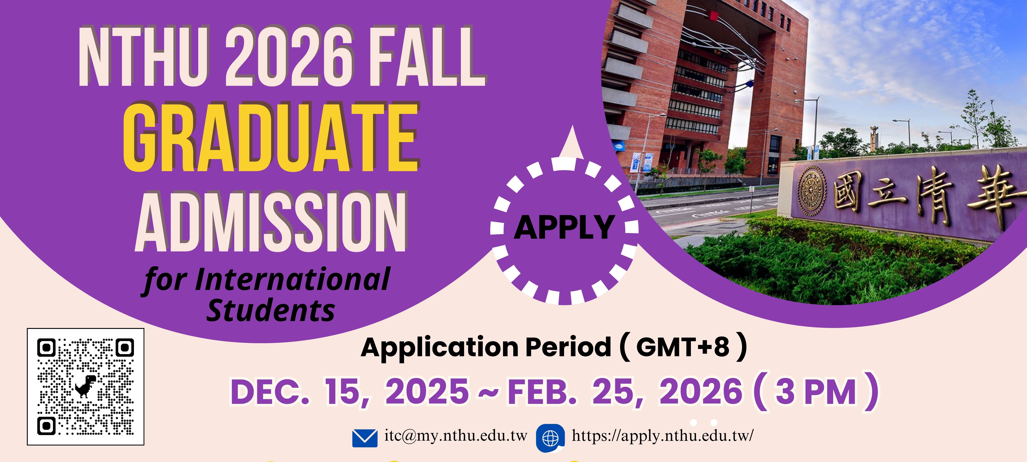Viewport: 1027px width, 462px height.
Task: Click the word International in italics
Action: coord(292,280)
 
